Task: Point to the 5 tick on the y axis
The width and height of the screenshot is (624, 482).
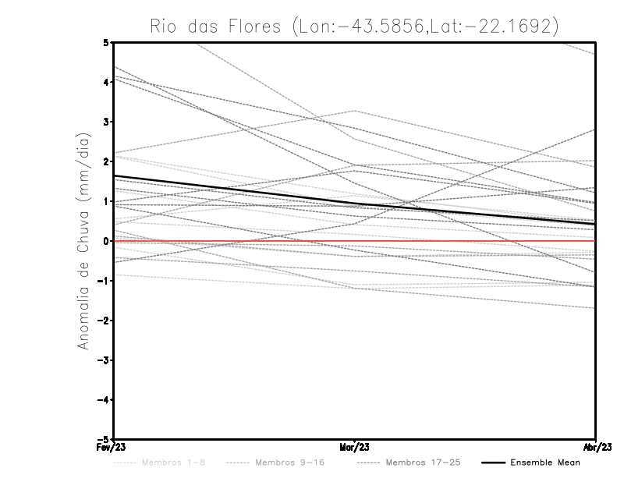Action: [106, 42]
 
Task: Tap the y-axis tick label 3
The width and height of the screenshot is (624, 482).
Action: [106, 122]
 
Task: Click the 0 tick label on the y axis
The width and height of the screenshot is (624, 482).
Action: [106, 241]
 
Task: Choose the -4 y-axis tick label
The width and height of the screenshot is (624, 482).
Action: [104, 400]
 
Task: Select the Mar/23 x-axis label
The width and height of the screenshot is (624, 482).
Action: [355, 448]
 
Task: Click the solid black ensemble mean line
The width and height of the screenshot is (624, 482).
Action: [234, 190]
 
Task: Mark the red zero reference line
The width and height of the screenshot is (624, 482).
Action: [468, 241]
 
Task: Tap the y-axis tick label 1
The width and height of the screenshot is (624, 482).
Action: [106, 201]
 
